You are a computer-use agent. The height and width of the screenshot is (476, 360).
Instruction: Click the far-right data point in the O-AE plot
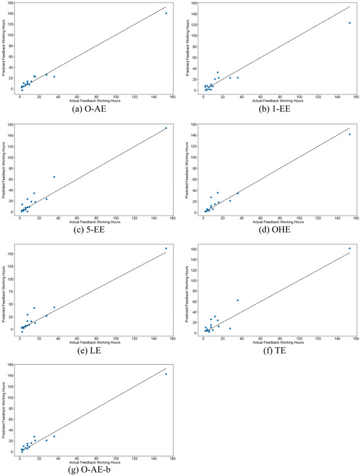[166, 13]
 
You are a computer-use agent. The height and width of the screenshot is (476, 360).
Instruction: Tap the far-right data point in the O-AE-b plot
[166, 374]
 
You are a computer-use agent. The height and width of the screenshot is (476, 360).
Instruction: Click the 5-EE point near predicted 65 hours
[54, 177]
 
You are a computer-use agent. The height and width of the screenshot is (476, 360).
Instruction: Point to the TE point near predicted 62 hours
[237, 301]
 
